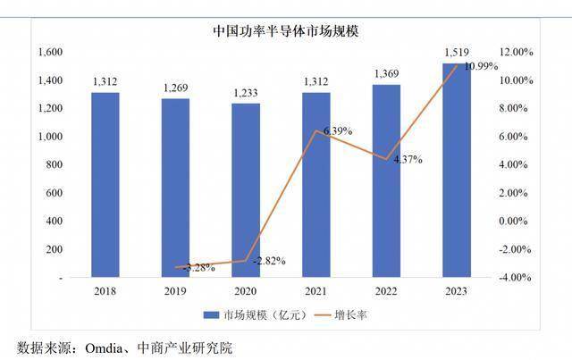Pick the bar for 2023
[457, 170]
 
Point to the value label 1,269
[175, 87]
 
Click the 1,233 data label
[246, 92]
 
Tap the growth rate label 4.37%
[407, 160]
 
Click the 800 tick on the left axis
[55, 165]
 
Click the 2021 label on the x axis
[316, 291]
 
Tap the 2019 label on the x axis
[175, 291]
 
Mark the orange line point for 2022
[386, 159]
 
